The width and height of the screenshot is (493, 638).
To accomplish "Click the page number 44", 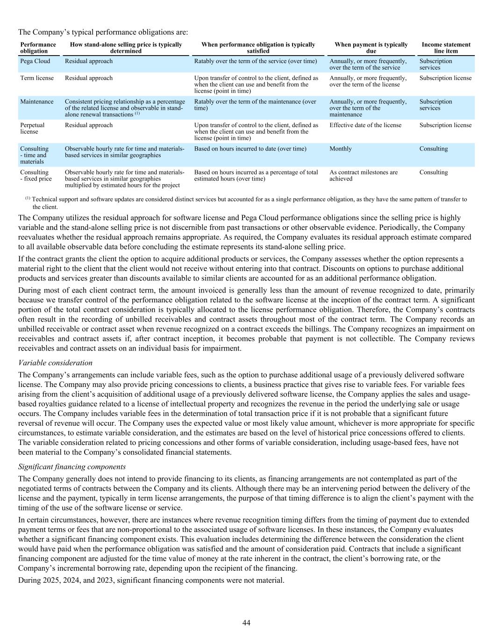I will click(x=246, y=623).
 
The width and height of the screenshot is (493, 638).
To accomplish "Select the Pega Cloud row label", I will click(x=35, y=61).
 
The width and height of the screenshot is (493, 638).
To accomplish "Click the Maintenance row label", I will click(x=37, y=101).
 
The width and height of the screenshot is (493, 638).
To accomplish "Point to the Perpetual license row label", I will click(x=32, y=128).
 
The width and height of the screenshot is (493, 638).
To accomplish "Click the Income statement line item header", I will click(x=446, y=48).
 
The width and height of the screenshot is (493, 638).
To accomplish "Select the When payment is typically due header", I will click(x=371, y=48).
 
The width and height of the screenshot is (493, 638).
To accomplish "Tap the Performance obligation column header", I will click(x=38, y=48).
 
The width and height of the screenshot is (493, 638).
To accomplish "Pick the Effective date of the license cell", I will click(x=365, y=125).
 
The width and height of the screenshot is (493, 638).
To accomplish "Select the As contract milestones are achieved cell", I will click(x=364, y=175).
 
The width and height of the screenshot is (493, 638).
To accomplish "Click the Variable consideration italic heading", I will click(x=55, y=363).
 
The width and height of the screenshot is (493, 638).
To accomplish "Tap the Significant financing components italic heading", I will click(x=72, y=466).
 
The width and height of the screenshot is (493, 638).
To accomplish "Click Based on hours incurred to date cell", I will click(x=250, y=149).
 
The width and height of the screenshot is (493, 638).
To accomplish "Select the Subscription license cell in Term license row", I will click(x=445, y=78).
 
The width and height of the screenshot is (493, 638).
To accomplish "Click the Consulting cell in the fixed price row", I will click(x=433, y=172).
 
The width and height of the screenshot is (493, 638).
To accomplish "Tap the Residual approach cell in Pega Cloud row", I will click(x=89, y=61).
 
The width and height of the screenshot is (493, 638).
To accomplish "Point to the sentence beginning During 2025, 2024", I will click(x=151, y=580).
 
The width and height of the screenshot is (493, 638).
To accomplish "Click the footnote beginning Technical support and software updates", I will click(x=248, y=202).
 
